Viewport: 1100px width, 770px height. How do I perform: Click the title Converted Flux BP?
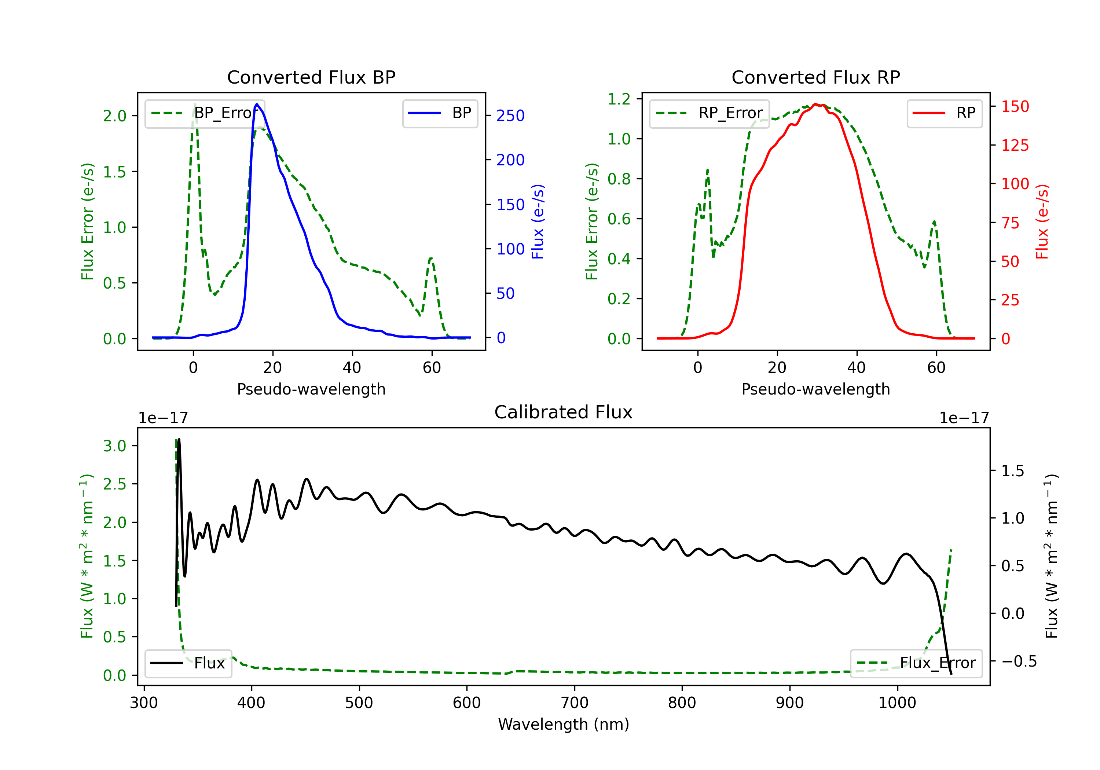click(311, 77)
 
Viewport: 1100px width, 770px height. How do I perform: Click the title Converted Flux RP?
click(816, 77)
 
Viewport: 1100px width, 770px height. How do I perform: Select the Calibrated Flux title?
click(564, 412)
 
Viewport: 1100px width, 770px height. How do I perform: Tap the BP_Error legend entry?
click(205, 113)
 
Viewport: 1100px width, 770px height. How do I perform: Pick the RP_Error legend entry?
click(709, 113)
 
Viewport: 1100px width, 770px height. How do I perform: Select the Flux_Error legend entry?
click(916, 663)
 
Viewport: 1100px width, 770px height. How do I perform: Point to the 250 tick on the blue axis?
click(510, 115)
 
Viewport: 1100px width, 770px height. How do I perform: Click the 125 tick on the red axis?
click(1015, 145)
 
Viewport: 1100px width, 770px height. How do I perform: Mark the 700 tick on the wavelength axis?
click(575, 703)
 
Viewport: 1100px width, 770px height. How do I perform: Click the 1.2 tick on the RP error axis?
click(619, 99)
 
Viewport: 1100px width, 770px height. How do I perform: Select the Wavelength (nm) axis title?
click(564, 725)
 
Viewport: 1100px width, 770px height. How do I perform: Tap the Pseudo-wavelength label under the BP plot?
click(311, 389)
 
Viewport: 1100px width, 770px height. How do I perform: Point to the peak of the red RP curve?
click(815, 104)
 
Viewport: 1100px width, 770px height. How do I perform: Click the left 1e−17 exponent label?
click(163, 418)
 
